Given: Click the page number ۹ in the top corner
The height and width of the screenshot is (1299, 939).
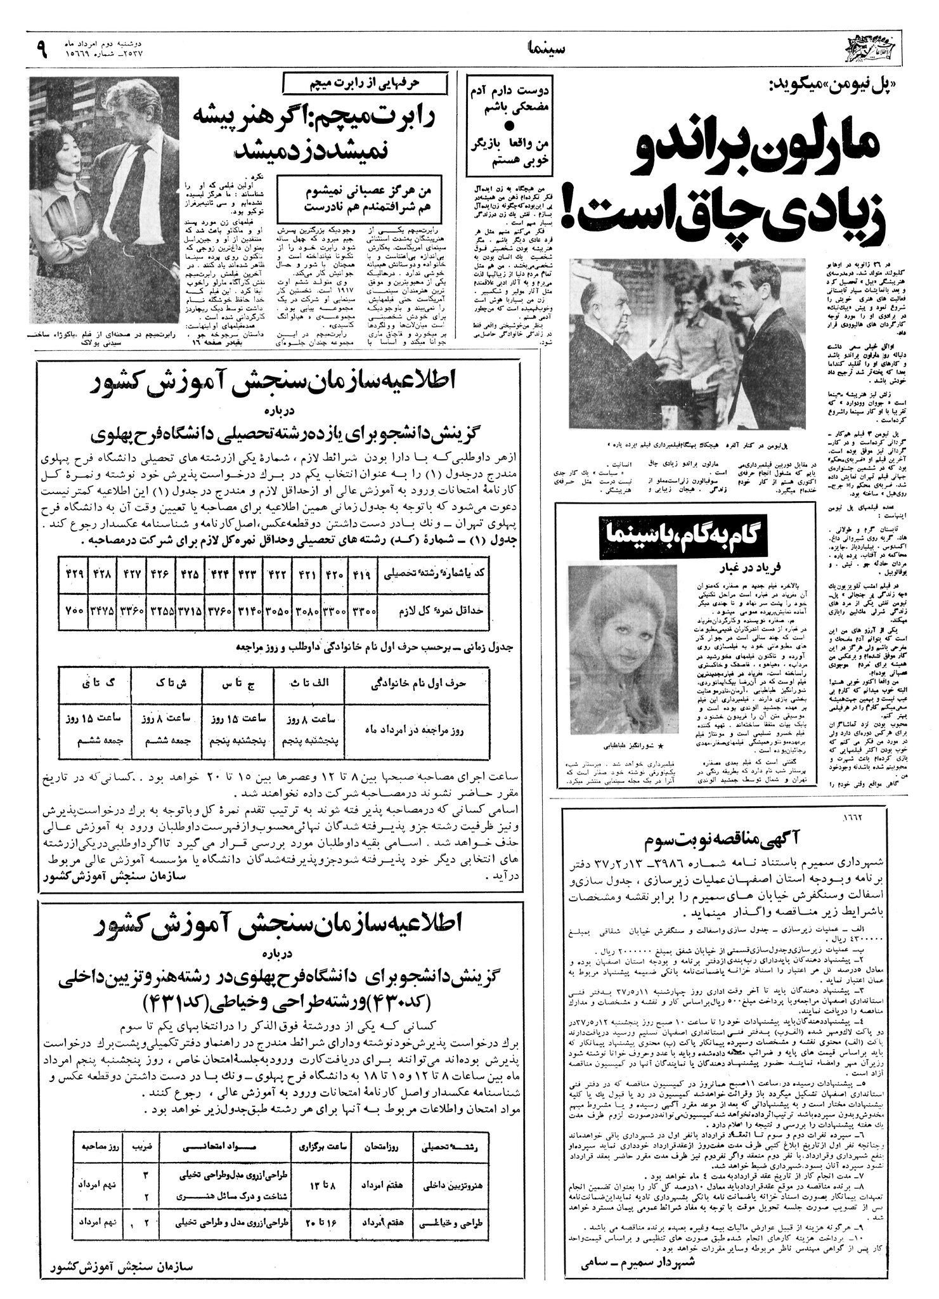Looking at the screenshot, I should coord(42,49).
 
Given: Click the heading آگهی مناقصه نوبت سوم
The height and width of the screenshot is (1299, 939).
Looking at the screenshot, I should coord(729,836).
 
